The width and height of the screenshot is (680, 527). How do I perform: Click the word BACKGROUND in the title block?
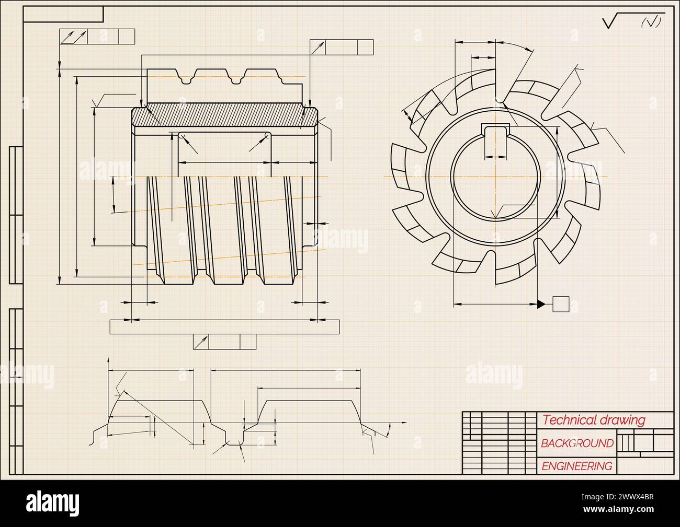pos(577,443)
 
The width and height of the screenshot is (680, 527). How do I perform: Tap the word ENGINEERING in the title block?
pos(576,466)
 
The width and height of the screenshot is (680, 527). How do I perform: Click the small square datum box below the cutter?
pos(561,303)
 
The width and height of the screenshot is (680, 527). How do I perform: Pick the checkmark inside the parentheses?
pos(651,22)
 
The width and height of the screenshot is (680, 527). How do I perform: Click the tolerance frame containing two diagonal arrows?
pos(97,37)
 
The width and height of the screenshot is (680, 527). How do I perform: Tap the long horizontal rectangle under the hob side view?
pos(224,327)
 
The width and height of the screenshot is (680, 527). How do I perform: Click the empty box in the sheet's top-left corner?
pos(63,15)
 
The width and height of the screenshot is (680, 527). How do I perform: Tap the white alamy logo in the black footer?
pos(53,503)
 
